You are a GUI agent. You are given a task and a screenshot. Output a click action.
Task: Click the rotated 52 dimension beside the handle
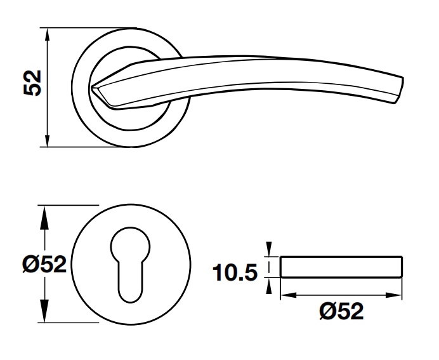point(32,83)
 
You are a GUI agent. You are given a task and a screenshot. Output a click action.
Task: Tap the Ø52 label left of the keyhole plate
point(44,263)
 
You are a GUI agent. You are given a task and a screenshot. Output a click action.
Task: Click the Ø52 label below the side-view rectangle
point(341,311)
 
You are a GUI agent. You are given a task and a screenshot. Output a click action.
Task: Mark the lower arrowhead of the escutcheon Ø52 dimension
point(44,316)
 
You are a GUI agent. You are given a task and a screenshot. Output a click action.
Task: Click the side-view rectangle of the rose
point(341,267)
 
